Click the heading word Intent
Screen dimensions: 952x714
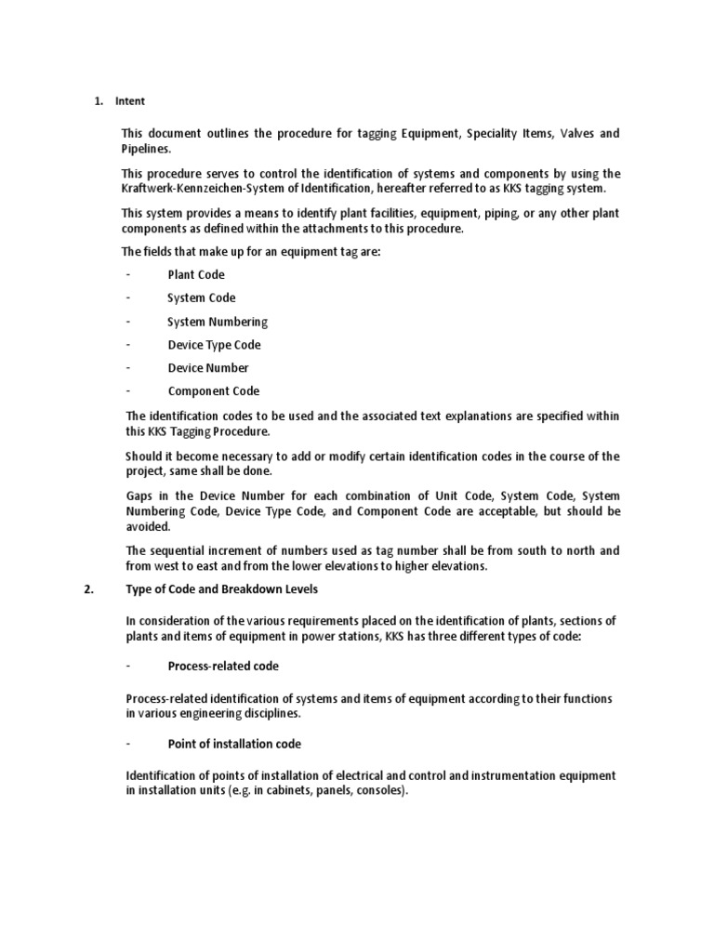[x=130, y=101]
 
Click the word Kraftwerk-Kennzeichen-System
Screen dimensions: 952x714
[x=195, y=188]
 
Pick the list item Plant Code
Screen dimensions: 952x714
[x=196, y=275]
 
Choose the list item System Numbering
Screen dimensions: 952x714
[x=218, y=322]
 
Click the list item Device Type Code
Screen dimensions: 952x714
[x=214, y=345]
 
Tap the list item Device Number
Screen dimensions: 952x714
[x=208, y=368]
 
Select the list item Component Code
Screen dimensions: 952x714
[x=214, y=391]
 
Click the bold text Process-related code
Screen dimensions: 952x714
[x=223, y=667]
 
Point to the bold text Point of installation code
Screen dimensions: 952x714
[x=234, y=745]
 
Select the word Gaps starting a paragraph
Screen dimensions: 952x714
[x=139, y=496]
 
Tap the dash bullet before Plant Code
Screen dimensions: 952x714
[x=127, y=275]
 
